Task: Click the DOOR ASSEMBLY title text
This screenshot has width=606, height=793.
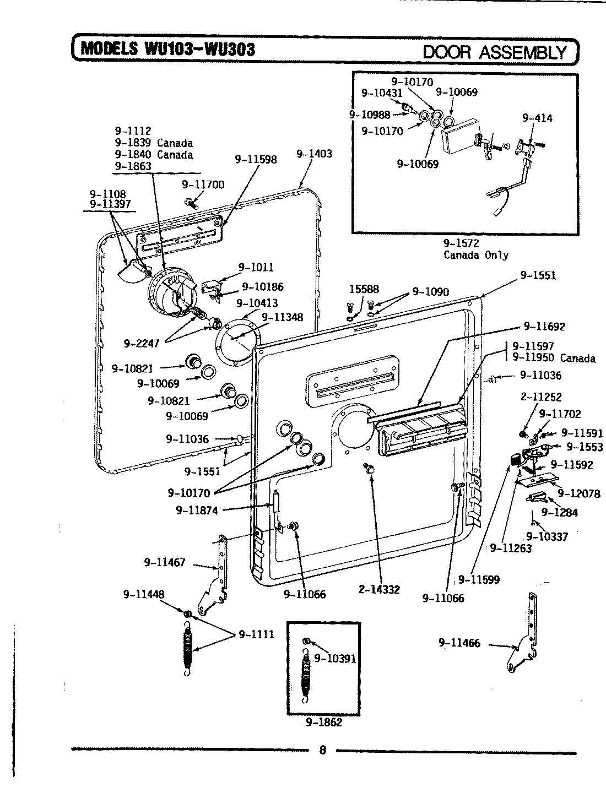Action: [x=494, y=52]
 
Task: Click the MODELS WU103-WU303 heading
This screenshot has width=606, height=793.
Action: [x=168, y=50]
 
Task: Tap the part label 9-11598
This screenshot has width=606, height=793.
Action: [x=256, y=160]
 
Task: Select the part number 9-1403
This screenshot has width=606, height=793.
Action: [x=314, y=154]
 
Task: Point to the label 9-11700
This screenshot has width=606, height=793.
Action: [x=203, y=184]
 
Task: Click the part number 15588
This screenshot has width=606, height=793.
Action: [x=364, y=289]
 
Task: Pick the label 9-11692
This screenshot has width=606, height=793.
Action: [x=544, y=327]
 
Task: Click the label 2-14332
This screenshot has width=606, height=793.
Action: [x=378, y=590]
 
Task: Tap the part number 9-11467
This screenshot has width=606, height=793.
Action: [x=165, y=562]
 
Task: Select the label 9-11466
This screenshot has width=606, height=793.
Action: [x=459, y=643]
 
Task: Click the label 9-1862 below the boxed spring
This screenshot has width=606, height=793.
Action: [x=324, y=722]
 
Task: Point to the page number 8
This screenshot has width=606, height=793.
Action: [x=323, y=750]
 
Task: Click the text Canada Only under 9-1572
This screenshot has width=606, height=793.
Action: [x=476, y=255]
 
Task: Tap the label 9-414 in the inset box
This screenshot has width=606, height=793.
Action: [x=537, y=118]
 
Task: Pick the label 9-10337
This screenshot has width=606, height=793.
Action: [x=547, y=536]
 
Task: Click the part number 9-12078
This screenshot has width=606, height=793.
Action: [x=579, y=493]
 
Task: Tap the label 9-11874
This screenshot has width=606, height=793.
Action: [x=197, y=510]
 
